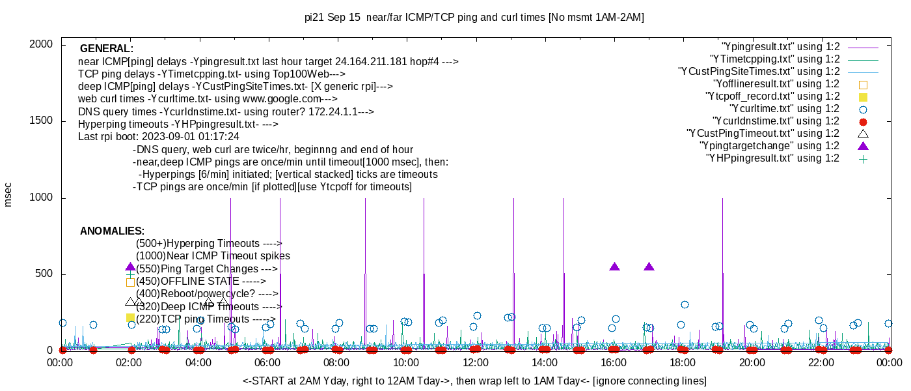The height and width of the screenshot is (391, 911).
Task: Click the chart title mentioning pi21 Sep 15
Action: (x=474, y=18)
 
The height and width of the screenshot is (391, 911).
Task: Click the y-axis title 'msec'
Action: (x=8, y=194)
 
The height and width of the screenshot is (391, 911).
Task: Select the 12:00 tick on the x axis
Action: (x=476, y=362)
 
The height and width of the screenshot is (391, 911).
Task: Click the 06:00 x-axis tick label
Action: (x=268, y=362)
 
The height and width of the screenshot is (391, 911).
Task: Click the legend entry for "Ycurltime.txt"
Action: (x=784, y=109)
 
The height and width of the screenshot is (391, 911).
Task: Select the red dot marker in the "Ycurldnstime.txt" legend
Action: (x=863, y=121)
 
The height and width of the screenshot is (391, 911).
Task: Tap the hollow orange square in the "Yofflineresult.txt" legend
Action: (x=863, y=84)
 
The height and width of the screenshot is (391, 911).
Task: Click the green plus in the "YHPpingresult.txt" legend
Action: (x=863, y=158)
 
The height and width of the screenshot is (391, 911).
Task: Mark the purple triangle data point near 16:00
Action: (x=614, y=267)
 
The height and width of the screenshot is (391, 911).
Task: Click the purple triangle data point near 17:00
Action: (x=649, y=267)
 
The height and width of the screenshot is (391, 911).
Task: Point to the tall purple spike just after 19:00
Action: (x=722, y=274)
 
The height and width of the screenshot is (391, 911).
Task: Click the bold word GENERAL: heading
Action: (x=106, y=49)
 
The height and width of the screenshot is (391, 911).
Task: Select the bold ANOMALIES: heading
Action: (x=112, y=231)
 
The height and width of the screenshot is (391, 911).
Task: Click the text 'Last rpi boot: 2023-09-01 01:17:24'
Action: (x=159, y=137)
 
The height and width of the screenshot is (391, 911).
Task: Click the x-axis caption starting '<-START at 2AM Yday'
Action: (x=474, y=381)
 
